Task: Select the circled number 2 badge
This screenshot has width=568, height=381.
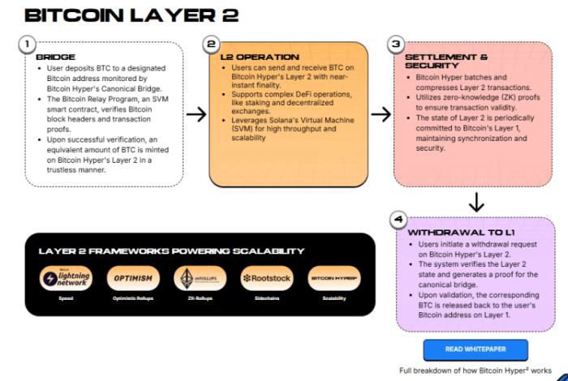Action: tap(212, 44)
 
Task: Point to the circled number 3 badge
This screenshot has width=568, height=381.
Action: tap(396, 44)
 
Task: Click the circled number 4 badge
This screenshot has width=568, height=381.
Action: tap(397, 219)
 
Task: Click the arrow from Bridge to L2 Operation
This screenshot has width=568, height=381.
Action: tap(196, 114)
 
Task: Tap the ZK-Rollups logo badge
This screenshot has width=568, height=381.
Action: tap(198, 278)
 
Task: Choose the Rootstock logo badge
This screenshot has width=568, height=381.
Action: tap(265, 278)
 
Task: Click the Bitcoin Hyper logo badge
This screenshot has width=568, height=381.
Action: tap(332, 278)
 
